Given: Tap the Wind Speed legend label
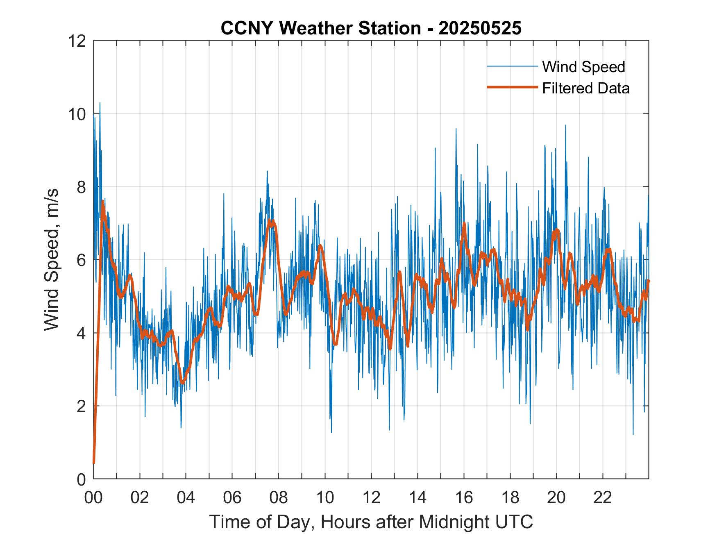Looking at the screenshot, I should pos(583,67).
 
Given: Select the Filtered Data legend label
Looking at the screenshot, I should pos(585,88).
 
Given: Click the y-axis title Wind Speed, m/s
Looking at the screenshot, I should pos(52,259).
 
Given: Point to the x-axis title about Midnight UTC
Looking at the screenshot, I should pos(371,522).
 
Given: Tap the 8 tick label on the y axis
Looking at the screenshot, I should pos(81,187).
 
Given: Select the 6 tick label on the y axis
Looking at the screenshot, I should pos(81,260).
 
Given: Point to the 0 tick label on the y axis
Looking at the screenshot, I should pos(81,479).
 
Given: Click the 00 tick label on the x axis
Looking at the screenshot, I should pos(93,497).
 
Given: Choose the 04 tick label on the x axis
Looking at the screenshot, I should pos(186,497).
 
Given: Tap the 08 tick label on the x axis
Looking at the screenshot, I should pos(279,497).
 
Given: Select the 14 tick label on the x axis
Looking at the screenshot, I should pos(417,497).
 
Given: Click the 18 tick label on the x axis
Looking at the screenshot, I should pos(510,497).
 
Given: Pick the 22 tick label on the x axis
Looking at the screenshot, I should pos(603,497).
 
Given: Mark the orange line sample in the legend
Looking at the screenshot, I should pos(512,87).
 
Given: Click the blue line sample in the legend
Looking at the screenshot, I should pos(512,66).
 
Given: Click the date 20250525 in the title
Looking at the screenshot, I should pos(480,28).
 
